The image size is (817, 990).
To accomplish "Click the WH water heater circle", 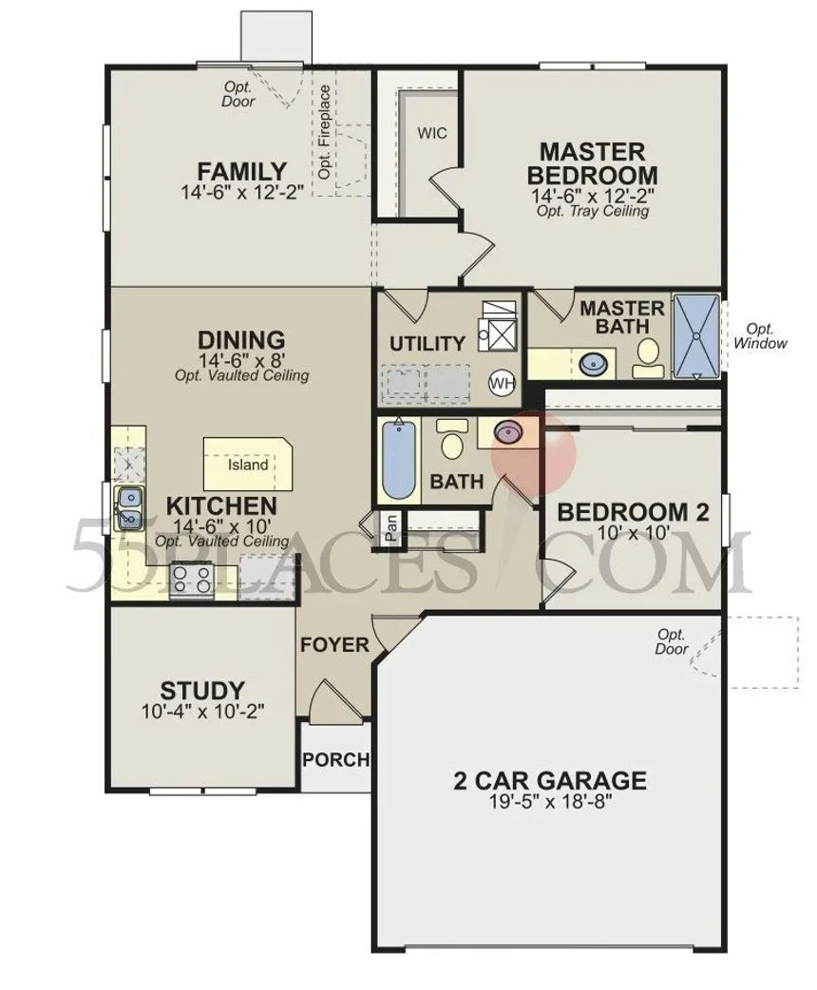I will (x=502, y=383).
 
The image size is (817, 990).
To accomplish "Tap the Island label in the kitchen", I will (x=247, y=466).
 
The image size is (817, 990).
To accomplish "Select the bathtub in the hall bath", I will (x=399, y=463).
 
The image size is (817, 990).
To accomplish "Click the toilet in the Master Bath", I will (x=649, y=352).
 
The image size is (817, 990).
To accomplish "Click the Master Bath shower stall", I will (x=697, y=337).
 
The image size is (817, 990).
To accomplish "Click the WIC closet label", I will (x=432, y=133).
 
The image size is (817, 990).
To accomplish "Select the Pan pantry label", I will (x=390, y=528).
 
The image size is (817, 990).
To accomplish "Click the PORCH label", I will (x=334, y=759).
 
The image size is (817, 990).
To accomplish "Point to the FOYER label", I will (x=334, y=645).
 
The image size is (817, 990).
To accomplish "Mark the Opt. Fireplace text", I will (x=325, y=132).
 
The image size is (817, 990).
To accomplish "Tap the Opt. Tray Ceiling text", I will (x=593, y=211).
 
